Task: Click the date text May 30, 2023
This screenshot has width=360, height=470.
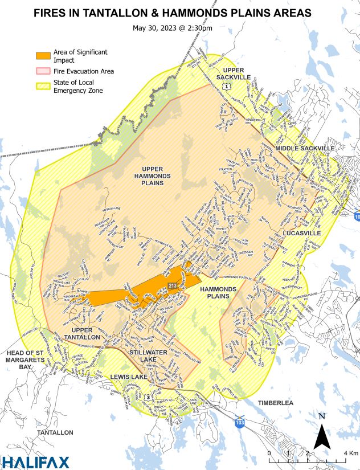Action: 154,27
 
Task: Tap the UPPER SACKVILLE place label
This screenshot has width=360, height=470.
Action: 233,73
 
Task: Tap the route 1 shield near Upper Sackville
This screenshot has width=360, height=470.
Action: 227,86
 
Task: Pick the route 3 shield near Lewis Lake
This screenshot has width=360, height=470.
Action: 148,397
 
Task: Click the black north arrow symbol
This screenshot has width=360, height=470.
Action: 322,435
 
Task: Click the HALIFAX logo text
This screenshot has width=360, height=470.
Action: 35,462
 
